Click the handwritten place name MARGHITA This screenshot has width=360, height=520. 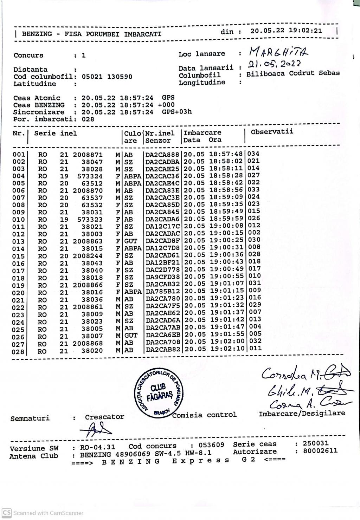279,52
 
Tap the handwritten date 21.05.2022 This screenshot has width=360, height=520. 274,64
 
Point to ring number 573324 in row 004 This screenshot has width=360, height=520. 90,176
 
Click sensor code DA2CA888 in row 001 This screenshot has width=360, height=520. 162,154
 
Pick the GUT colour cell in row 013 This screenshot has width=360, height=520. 131,241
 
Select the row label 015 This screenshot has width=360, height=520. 18,256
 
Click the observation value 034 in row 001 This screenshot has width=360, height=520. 253,154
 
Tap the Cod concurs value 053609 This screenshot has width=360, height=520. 211,445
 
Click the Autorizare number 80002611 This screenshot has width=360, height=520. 320,451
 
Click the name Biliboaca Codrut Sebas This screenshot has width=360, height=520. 293,73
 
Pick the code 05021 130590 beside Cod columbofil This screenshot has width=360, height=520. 107,77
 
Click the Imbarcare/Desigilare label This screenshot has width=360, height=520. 302,414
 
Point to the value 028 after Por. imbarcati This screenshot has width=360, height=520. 88,119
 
